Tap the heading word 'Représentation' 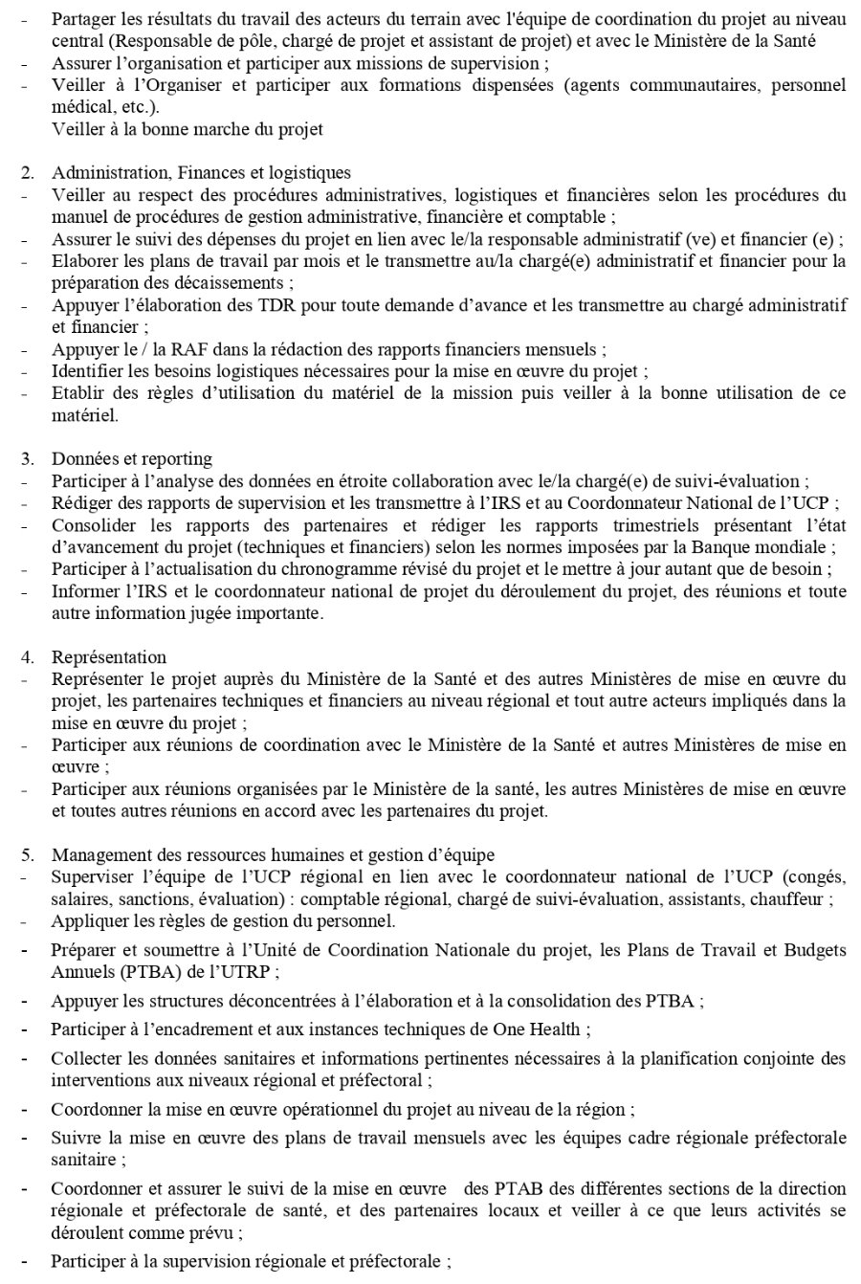(x=109, y=657)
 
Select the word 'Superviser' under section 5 (x=89, y=877)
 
